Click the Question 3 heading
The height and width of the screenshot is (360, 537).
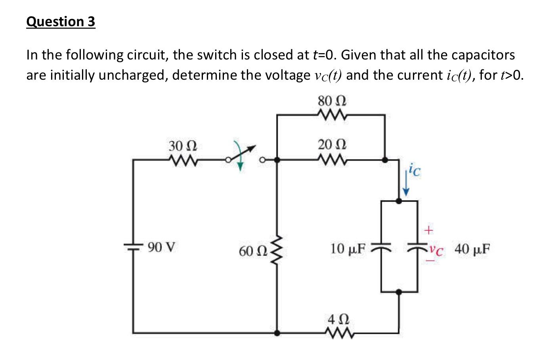(x=61, y=21)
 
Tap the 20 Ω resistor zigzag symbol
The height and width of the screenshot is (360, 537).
(x=332, y=160)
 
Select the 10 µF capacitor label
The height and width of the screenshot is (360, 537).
(x=347, y=249)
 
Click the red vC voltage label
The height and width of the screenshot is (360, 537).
(x=436, y=250)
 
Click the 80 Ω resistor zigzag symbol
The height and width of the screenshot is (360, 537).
(x=332, y=115)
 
